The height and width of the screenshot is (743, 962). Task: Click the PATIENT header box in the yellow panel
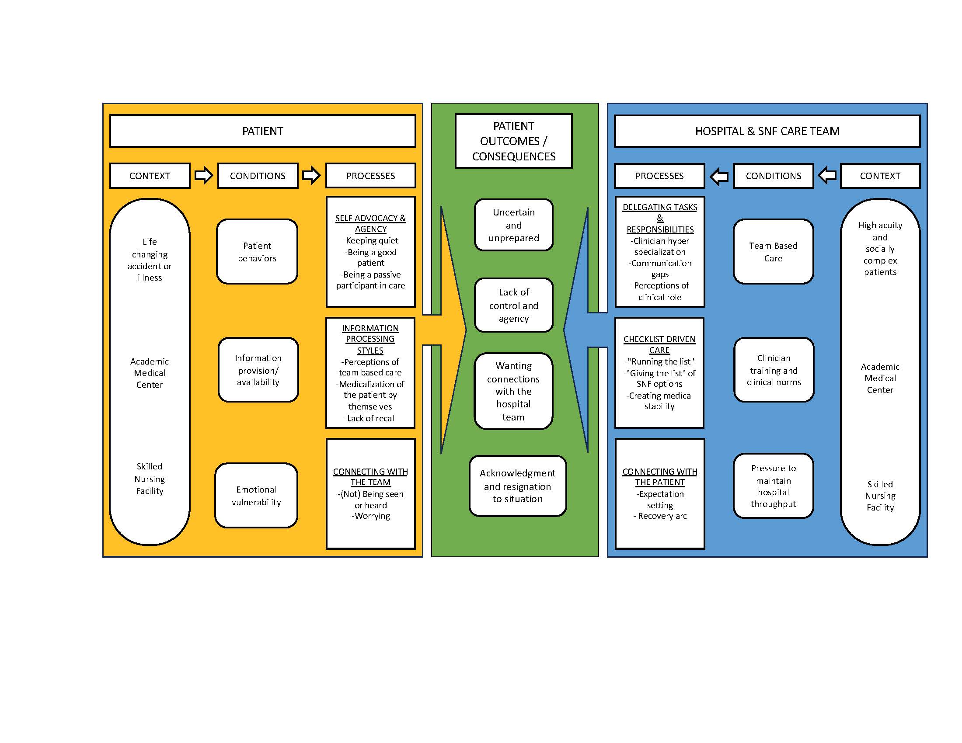pos(262,131)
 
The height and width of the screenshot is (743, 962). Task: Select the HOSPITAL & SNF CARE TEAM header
pos(767,131)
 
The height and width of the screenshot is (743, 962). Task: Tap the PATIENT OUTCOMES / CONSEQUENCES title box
pos(514,141)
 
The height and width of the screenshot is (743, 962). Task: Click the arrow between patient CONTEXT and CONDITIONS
pos(203,176)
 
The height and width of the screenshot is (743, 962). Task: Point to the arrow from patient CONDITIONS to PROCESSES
pos(311,176)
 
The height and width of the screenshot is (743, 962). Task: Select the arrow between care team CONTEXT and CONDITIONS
pos(827,176)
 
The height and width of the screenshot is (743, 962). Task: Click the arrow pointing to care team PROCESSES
pos(719,177)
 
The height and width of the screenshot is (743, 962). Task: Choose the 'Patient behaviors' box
pos(257,252)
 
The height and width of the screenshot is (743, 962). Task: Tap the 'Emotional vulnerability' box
pos(256,496)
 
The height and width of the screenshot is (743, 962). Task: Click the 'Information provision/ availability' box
pos(258,370)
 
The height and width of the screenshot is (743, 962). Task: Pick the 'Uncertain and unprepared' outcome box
pos(514,225)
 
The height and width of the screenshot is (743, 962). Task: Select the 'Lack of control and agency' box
pos(514,305)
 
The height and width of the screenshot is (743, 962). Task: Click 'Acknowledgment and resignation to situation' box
pos(518,486)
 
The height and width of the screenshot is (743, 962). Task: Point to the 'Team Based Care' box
pos(773,252)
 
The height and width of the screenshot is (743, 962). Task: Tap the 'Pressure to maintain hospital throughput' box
pos(773,486)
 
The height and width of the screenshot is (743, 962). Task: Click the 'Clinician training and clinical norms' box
pos(774,370)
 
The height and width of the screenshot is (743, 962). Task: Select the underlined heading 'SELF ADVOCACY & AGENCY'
pos(370,224)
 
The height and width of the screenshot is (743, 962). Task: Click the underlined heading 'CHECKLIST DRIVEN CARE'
pos(659,345)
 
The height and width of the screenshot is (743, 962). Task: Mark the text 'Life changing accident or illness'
pos(150,260)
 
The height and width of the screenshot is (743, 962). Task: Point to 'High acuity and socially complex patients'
pos(880,249)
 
